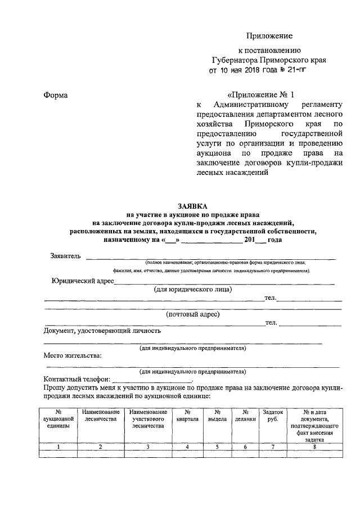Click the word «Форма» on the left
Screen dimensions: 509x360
point(56,95)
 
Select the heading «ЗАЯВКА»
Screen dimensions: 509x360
point(193,206)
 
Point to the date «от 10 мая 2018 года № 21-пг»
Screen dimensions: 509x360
point(259,71)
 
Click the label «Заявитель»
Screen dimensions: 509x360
point(66,256)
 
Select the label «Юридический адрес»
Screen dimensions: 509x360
point(82,281)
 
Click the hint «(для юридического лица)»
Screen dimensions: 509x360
point(193,290)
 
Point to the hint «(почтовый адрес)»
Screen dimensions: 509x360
point(193,314)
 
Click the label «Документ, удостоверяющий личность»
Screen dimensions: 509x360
point(102,331)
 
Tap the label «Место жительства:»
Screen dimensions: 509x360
point(73,355)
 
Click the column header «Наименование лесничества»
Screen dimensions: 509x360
point(100,416)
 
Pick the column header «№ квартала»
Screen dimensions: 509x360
point(187,416)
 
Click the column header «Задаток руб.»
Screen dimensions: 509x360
point(273,416)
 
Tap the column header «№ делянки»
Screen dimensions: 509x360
point(245,416)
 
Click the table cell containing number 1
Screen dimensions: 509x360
point(58,447)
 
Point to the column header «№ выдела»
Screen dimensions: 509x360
point(217,416)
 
